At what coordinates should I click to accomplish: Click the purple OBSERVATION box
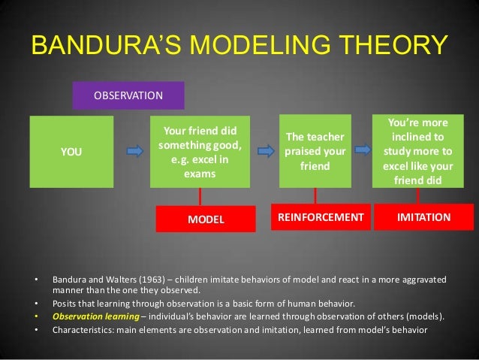pyautogui.click(x=128, y=96)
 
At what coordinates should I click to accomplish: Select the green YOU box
pyautogui.click(x=71, y=152)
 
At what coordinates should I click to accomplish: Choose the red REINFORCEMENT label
pyautogui.click(x=321, y=217)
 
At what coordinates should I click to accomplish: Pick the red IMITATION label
pyautogui.click(x=423, y=217)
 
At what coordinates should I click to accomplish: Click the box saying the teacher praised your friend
pyautogui.click(x=315, y=151)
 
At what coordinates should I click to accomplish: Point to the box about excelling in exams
pyautogui.click(x=199, y=152)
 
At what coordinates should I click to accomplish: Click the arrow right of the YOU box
pyautogui.click(x=134, y=152)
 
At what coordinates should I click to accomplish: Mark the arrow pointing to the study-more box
pyautogui.click(x=363, y=150)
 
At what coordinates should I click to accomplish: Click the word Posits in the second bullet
pyautogui.click(x=63, y=304)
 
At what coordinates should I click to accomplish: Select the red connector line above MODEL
pyautogui.click(x=200, y=196)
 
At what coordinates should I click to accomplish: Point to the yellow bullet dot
pyautogui.click(x=36, y=316)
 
